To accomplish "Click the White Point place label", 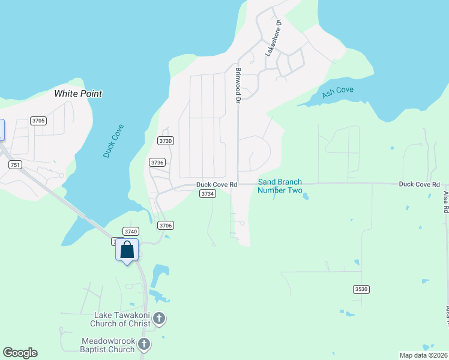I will (78, 94).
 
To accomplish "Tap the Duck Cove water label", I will (113, 140).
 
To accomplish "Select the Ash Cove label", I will (337, 92).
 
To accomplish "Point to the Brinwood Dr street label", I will (238, 85).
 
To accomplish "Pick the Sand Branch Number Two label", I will (280, 186).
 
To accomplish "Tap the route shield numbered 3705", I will (39, 121).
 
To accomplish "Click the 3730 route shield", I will (166, 140).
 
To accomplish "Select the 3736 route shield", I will (157, 163).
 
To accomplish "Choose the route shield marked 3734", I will (208, 194).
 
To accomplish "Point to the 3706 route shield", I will (166, 225).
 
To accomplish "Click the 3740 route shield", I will (131, 231).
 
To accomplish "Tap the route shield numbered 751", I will (15, 165).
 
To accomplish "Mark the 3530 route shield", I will (361, 289).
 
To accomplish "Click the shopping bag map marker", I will (127, 250).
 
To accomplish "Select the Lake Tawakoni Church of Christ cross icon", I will (159, 319).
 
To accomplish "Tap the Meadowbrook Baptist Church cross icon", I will (144, 344).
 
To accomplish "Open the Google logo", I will (20, 353).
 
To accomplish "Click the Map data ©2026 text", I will (423, 355).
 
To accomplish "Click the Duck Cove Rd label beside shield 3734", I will (217, 185).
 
